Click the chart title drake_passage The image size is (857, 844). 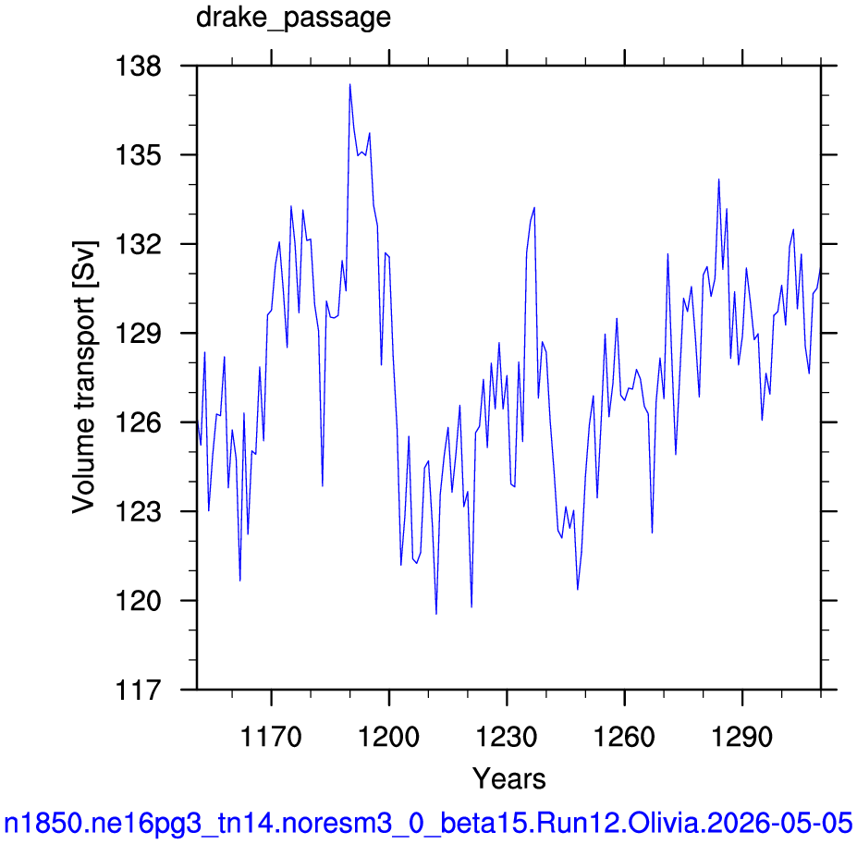click(x=293, y=18)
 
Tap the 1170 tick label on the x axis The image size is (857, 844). click(x=271, y=737)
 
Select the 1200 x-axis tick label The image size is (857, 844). click(x=388, y=737)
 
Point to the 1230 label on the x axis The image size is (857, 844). click(x=507, y=737)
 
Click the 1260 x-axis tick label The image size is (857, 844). click(x=624, y=737)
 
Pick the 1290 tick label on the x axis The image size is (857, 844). click(x=742, y=737)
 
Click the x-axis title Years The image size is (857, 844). click(x=508, y=778)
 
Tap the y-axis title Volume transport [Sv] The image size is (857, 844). click(x=84, y=377)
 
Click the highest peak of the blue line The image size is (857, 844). click(x=349, y=84)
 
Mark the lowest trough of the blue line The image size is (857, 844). click(x=436, y=614)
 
